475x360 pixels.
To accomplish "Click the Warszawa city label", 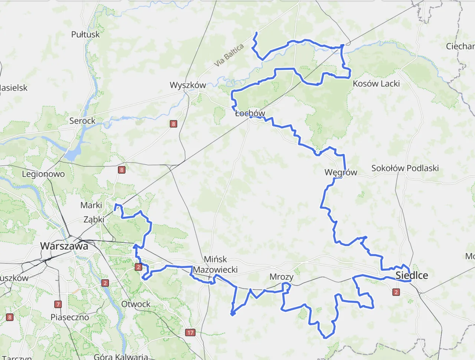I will (64, 246).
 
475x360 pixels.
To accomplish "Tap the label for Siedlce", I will (412, 275).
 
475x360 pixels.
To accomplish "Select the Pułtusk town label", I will (85, 35).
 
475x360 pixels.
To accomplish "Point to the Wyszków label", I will (188, 85).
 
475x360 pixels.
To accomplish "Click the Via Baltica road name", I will (229, 55).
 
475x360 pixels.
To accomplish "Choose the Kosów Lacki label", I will (376, 84).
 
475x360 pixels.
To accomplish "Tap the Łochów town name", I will (250, 113).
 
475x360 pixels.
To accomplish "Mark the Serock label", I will (82, 121).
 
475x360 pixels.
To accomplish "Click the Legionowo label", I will (43, 174).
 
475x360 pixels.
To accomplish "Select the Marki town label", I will (91, 205).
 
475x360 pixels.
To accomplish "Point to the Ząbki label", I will (94, 219).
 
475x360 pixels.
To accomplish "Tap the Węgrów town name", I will (341, 172).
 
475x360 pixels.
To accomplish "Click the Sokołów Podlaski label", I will (405, 168).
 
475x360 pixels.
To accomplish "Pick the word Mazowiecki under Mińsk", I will (215, 270).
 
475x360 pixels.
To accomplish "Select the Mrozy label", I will (281, 277).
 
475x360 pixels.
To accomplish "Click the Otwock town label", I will (136, 304).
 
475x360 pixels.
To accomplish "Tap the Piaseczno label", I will (70, 317).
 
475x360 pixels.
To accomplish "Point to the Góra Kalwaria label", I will (121, 357).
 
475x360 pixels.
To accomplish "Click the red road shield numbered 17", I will (190, 333).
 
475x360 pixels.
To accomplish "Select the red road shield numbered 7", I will (58, 304).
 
